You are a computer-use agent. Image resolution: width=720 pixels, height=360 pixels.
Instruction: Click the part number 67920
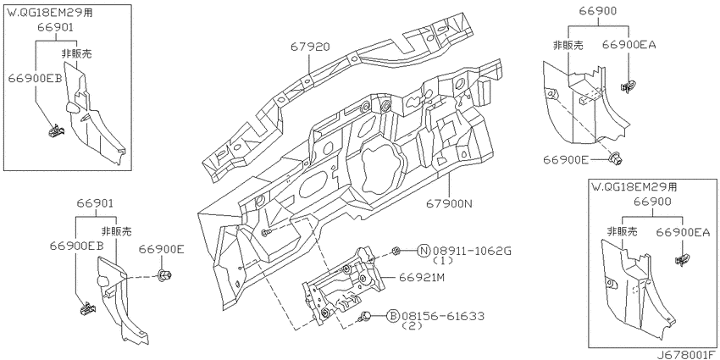pyautogui.click(x=310, y=47)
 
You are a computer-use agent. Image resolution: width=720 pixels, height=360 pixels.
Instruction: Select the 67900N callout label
pyautogui.click(x=449, y=202)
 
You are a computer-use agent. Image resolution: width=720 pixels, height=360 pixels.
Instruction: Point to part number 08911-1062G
pyautogui.click(x=471, y=251)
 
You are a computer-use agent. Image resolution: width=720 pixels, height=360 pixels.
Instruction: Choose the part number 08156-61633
pyautogui.click(x=443, y=316)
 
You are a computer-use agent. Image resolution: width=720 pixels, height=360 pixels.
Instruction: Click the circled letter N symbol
pyautogui.click(x=424, y=251)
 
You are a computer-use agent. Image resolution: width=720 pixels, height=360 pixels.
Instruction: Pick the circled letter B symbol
pyautogui.click(x=394, y=316)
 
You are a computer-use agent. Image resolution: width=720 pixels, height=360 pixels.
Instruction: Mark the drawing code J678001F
pyautogui.click(x=688, y=354)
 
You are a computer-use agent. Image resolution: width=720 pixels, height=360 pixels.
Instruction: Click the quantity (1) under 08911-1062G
pyautogui.click(x=444, y=260)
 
